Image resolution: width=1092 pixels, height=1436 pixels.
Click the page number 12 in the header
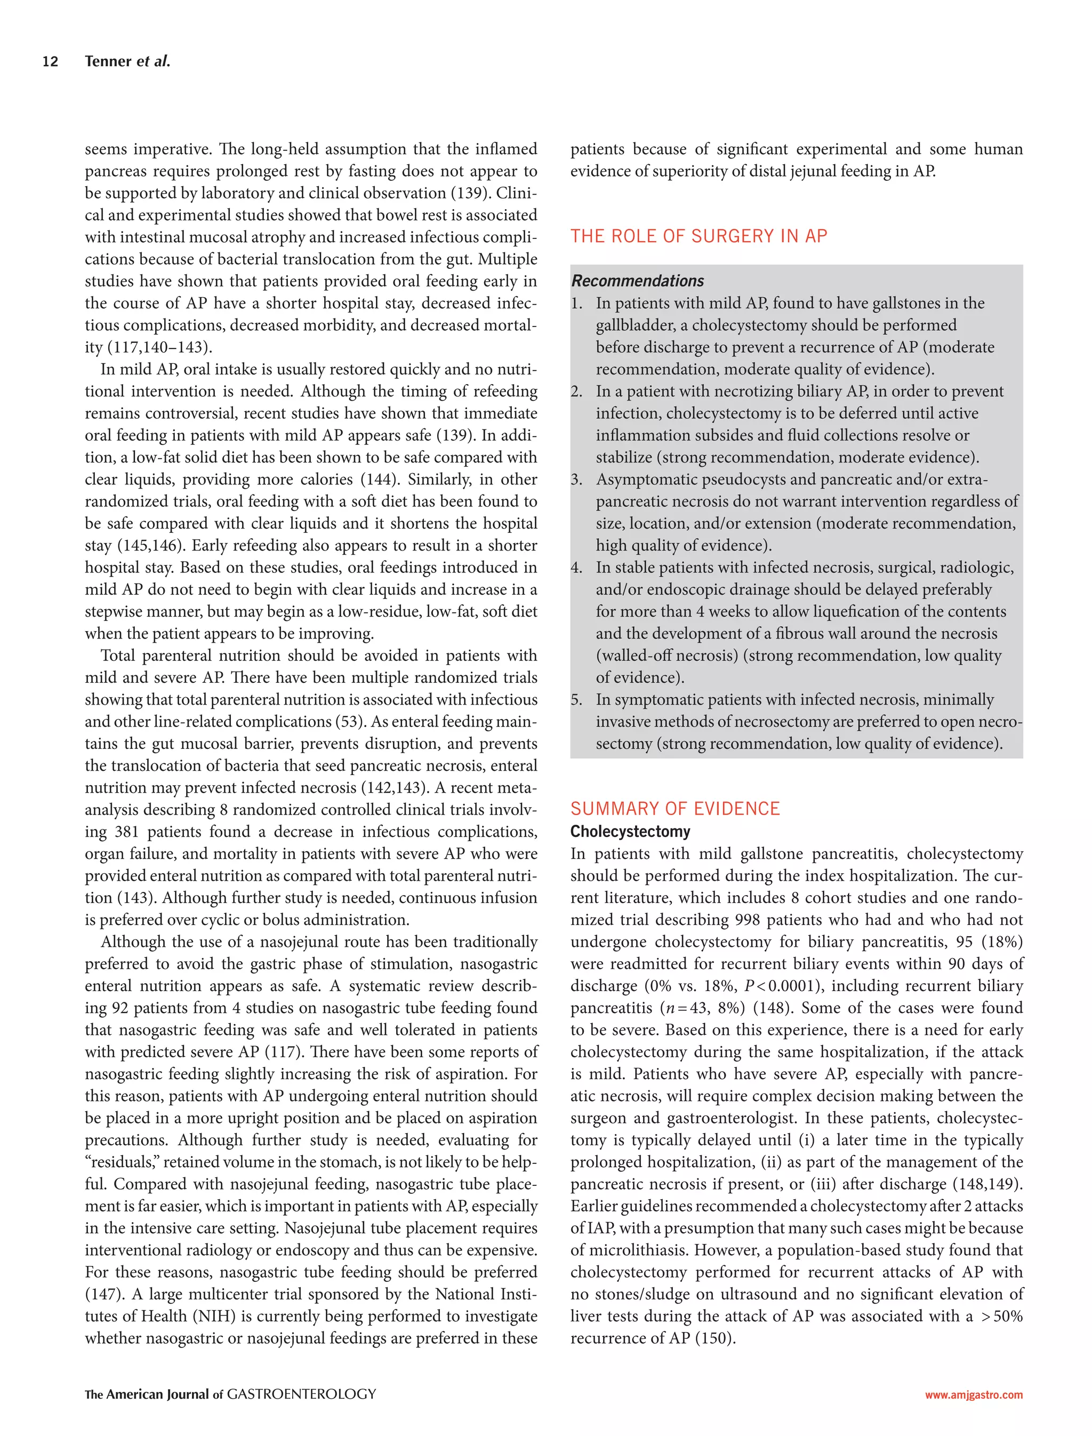click(x=50, y=62)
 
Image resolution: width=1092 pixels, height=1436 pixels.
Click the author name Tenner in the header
click(x=108, y=62)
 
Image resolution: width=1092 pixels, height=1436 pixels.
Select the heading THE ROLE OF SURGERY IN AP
click(x=698, y=236)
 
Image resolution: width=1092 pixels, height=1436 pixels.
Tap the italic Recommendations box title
click(x=637, y=281)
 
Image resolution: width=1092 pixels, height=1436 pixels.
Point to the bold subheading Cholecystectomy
click(x=630, y=831)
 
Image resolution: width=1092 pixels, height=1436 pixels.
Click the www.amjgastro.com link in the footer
click(x=974, y=1394)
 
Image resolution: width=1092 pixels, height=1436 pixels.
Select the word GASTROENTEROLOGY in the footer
click(x=302, y=1394)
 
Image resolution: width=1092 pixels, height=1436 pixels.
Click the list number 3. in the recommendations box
click(x=576, y=480)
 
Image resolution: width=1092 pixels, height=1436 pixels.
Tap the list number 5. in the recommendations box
click(x=576, y=700)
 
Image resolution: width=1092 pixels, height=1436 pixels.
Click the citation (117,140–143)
click(x=158, y=347)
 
